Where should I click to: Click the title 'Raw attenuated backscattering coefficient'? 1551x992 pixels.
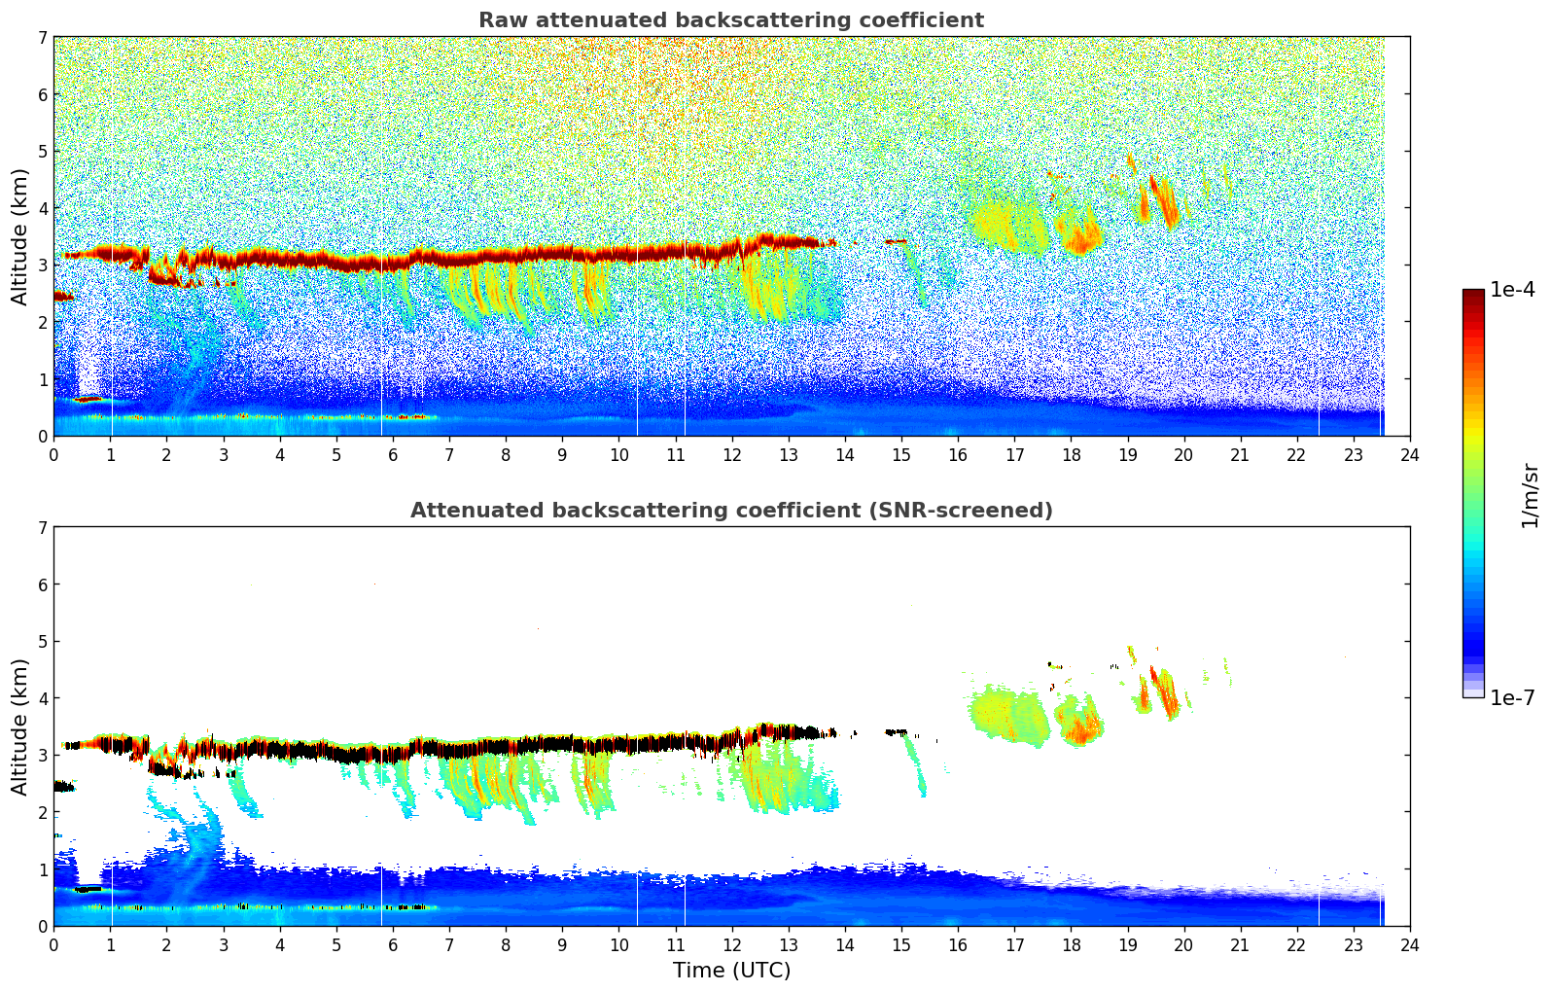[x=730, y=20]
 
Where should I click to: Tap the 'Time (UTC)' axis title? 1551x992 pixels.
[x=731, y=971]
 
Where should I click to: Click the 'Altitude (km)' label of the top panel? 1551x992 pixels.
[x=19, y=236]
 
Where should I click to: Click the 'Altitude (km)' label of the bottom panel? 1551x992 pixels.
[x=19, y=726]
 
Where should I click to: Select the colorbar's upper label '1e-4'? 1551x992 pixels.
[x=1512, y=290]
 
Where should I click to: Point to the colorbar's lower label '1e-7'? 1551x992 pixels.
[x=1512, y=697]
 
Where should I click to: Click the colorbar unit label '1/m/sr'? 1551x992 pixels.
[x=1530, y=495]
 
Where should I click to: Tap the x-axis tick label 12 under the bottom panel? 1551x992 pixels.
[x=731, y=944]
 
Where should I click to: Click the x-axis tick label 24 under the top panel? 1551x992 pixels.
[x=1409, y=454]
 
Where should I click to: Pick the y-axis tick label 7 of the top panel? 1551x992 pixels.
[x=43, y=38]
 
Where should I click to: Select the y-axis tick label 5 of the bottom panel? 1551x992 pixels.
[x=43, y=642]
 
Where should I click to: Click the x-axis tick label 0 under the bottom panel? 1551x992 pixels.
[x=53, y=944]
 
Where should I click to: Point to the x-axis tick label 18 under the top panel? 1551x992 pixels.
[x=1071, y=454]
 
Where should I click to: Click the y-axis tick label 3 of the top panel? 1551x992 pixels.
[x=43, y=266]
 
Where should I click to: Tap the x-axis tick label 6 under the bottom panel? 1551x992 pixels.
[x=393, y=944]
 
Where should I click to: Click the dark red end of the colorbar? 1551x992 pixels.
[x=1473, y=296]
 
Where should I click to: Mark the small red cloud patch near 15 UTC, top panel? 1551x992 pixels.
[x=897, y=241]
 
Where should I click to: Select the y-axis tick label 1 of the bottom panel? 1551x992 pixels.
[x=43, y=869]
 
